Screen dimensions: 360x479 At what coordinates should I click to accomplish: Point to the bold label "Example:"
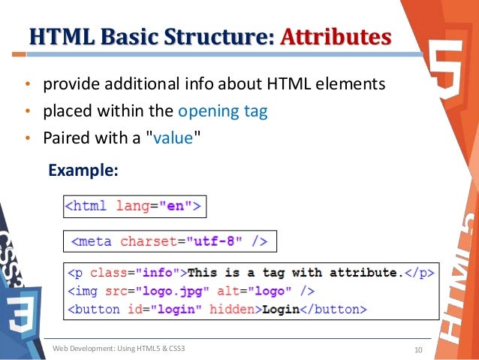[x=83, y=171]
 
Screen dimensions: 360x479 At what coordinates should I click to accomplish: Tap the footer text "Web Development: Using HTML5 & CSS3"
[x=119, y=349]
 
